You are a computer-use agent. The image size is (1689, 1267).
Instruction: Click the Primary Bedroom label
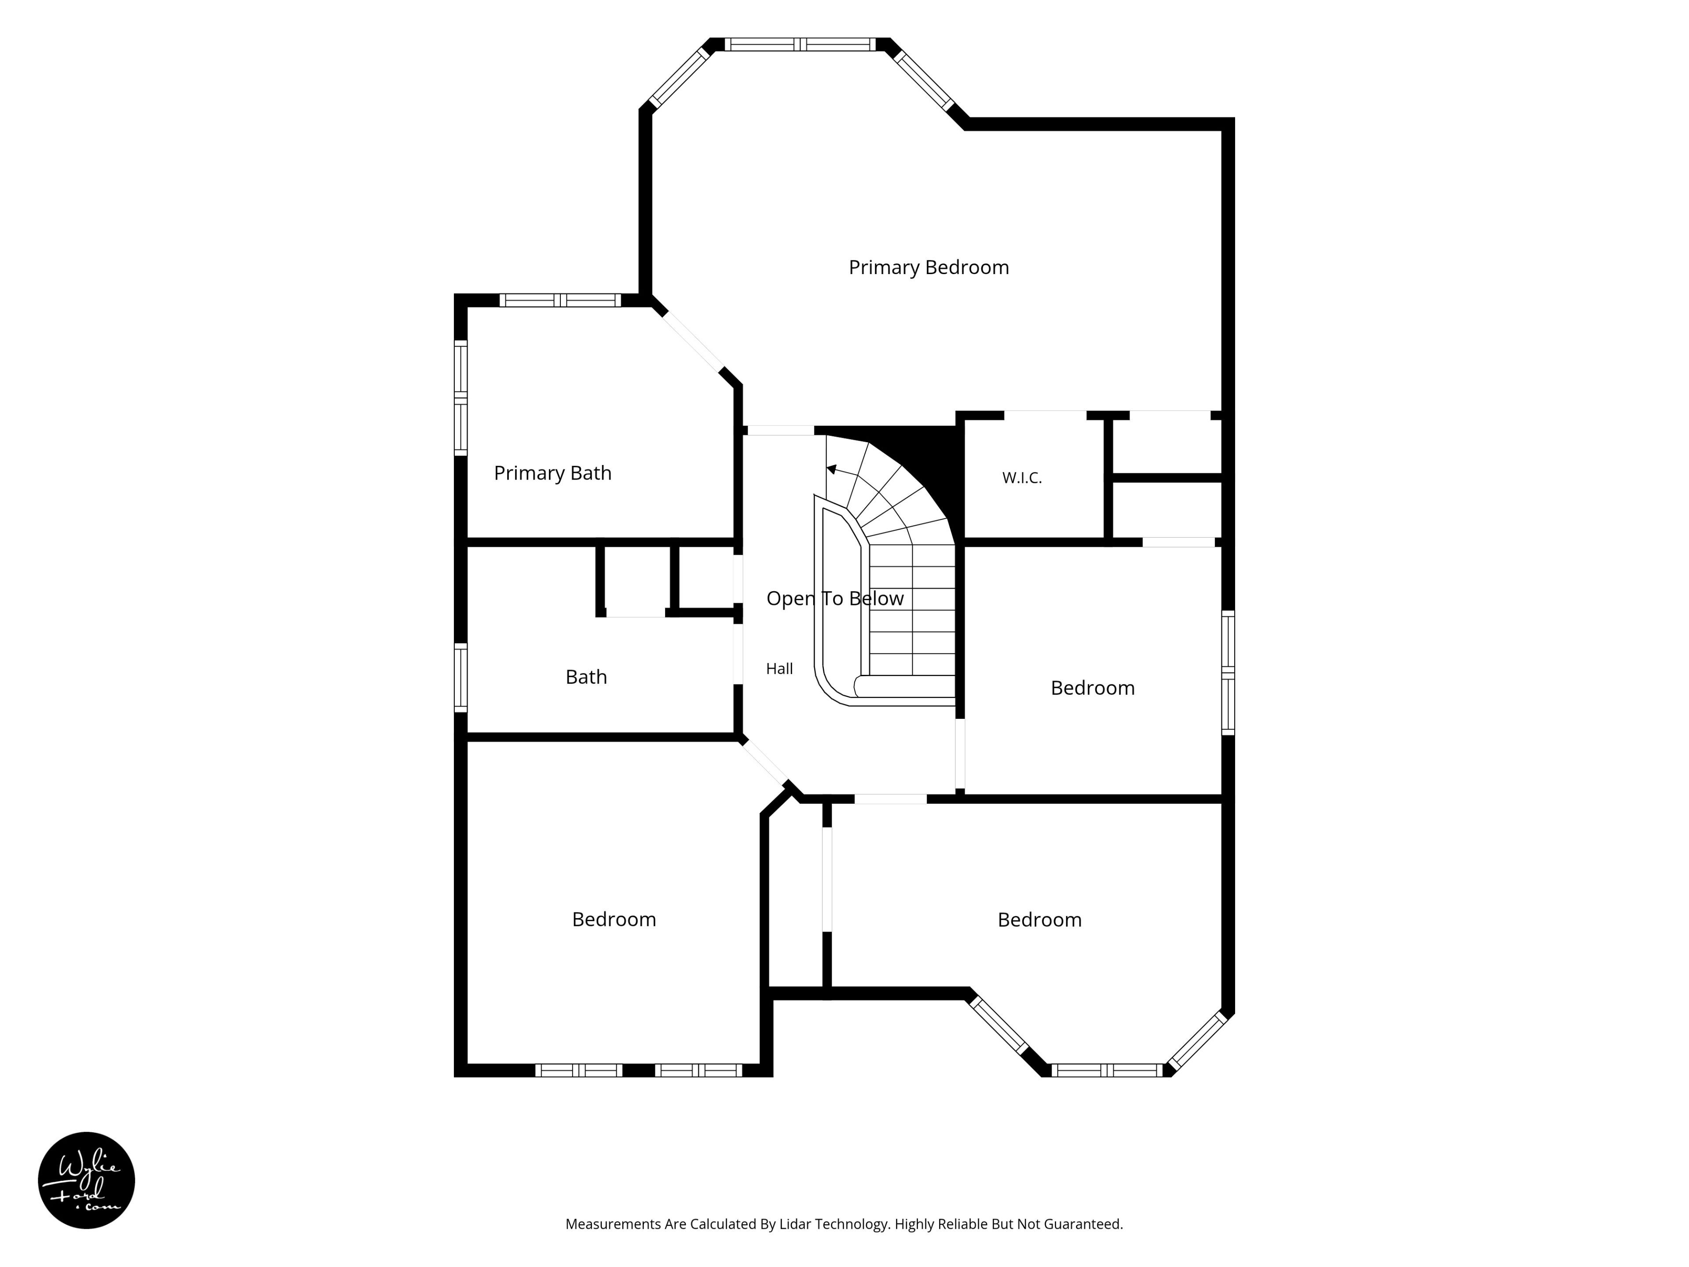[929, 267]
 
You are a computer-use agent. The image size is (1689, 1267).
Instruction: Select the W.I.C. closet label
[1022, 478]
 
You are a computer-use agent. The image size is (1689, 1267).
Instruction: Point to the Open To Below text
[834, 599]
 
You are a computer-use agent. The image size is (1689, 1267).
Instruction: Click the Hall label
[779, 669]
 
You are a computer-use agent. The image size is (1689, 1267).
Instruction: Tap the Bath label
[586, 677]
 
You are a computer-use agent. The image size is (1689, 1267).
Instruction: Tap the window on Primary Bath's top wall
[560, 300]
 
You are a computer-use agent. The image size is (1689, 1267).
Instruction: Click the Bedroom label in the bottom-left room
[614, 919]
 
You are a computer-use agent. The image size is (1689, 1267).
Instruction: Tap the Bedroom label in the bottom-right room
[1039, 920]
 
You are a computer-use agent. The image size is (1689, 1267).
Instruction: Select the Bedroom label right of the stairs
[1093, 688]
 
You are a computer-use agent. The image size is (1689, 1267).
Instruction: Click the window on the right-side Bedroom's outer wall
[1228, 672]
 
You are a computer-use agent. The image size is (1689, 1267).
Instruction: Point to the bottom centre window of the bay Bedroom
[1107, 1071]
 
